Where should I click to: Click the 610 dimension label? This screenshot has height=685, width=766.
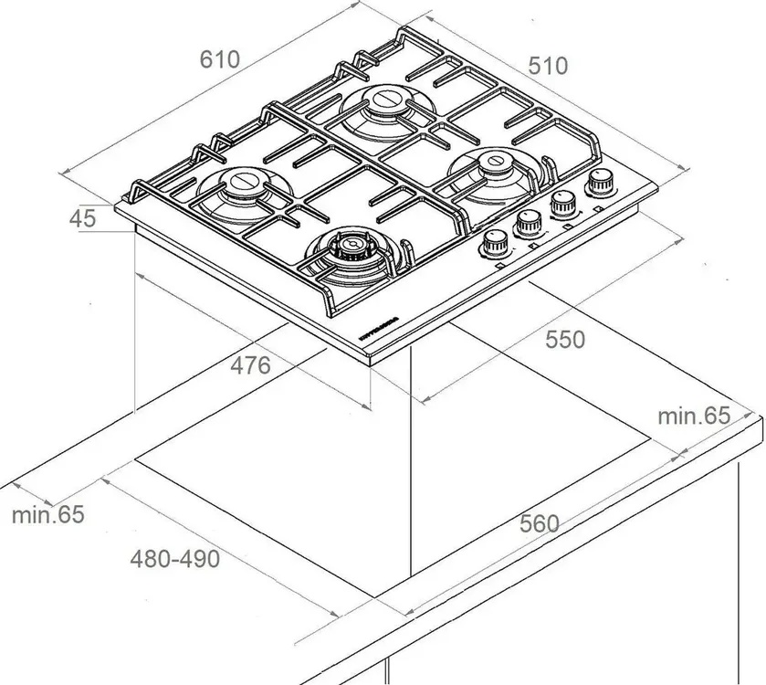(x=219, y=60)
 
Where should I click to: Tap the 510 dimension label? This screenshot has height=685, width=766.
(x=548, y=66)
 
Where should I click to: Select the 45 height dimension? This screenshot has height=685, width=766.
(x=82, y=218)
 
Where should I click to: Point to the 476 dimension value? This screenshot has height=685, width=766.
(x=250, y=365)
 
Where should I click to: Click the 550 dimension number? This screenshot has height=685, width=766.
(x=564, y=340)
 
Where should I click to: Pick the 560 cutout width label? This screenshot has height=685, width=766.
(x=539, y=523)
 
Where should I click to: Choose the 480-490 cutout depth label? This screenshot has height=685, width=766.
(x=174, y=558)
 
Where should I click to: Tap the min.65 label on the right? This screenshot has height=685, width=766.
(x=695, y=416)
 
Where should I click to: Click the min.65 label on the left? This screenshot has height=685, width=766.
(x=47, y=514)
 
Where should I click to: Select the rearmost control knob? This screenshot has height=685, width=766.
(x=600, y=182)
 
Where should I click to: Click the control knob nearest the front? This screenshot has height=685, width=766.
(x=495, y=243)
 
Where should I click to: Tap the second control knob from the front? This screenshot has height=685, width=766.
(x=529, y=222)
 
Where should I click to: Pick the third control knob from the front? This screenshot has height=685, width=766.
(x=562, y=202)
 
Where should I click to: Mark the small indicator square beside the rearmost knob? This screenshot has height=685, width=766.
(x=598, y=209)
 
